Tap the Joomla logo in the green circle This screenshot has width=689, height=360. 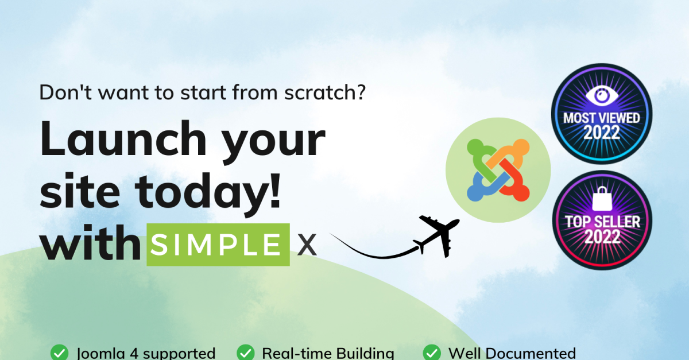point(498,170)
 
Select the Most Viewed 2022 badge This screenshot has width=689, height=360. point(602,114)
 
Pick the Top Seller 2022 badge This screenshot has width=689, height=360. point(602,220)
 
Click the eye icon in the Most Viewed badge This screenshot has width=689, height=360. point(602,95)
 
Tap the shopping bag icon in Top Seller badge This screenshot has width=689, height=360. point(602,199)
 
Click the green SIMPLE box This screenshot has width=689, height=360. point(218,245)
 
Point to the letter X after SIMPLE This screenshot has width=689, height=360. point(307,245)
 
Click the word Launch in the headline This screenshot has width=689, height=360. point(123,140)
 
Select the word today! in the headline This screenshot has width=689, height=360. point(208,191)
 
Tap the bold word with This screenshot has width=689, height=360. point(91,243)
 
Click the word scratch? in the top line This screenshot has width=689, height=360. point(325,92)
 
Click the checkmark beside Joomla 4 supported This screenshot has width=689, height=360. point(59,353)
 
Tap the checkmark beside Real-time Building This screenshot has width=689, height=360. point(246,353)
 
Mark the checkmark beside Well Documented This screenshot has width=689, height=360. point(432,353)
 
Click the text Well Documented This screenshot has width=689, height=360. point(512,353)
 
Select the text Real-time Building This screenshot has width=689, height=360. point(328,353)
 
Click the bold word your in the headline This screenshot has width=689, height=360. point(273,144)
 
